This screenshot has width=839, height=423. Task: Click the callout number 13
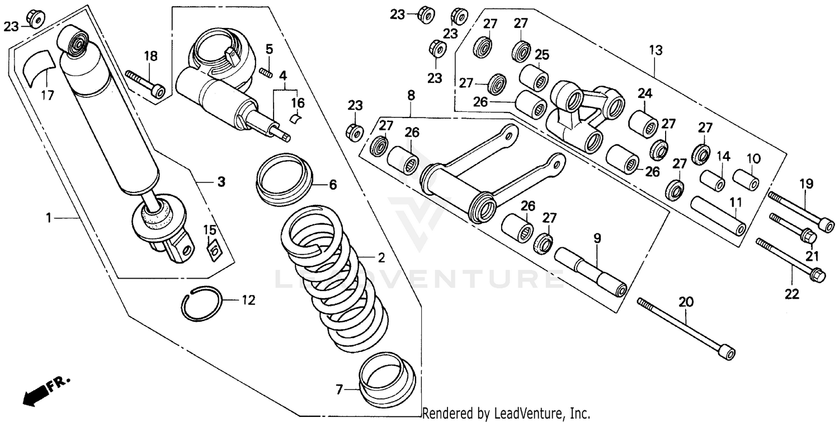pyautogui.click(x=656, y=50)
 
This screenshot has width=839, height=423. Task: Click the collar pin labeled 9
pyautogui.click(x=590, y=272)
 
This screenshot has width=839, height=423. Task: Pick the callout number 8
pyautogui.click(x=411, y=96)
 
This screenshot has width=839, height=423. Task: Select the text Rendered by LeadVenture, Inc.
pyautogui.click(x=506, y=414)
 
